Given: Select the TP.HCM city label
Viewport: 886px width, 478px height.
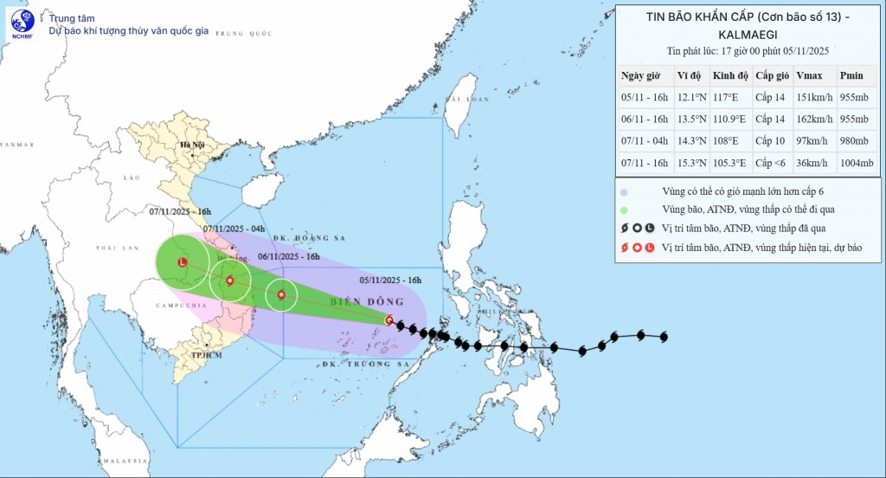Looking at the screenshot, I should click(x=209, y=355).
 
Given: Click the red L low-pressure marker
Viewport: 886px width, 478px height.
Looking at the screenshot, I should click(x=182, y=262).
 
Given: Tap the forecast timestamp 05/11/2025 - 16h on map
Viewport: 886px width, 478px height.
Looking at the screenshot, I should click(x=390, y=280).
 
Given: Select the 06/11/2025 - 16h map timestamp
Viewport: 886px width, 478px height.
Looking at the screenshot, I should click(x=289, y=256).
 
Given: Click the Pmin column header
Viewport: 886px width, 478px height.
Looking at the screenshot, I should click(x=853, y=75).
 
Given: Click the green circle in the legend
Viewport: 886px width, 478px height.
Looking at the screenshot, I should click(x=624, y=209).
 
